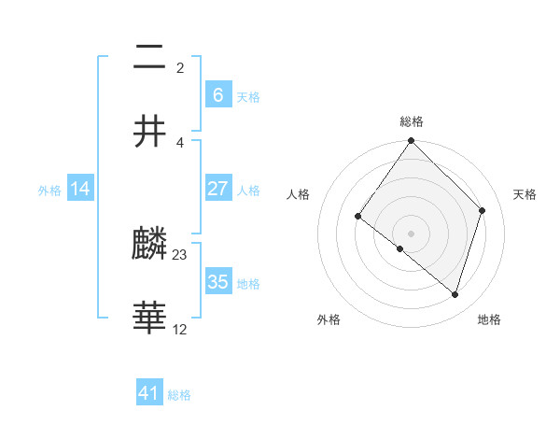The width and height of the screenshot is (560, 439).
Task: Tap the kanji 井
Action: pos(149,132)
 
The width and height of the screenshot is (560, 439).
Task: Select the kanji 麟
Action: pos(149,245)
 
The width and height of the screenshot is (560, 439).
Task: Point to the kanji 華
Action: pos(149,319)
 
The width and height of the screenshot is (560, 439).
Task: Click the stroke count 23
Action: pos(180,254)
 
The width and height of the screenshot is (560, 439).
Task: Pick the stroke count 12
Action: pos(180,329)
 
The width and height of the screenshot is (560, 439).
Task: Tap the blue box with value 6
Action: pos(217,94)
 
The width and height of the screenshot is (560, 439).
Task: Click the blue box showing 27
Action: pos(217,189)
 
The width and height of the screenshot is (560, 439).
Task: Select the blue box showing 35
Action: pos(217,282)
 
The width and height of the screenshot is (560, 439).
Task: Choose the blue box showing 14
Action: pos(80,189)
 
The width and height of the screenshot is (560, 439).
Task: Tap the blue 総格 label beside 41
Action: pos(179,395)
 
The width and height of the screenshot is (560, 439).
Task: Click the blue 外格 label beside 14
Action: pos(49,191)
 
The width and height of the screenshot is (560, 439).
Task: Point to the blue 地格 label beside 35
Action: pos(248,284)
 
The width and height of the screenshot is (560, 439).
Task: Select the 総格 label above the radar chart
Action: pos(412,121)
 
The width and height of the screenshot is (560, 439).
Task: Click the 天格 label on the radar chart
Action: pos(525,194)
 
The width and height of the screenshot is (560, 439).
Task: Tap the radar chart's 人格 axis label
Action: pos(298,194)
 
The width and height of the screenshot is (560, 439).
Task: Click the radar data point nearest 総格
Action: pos(412,141)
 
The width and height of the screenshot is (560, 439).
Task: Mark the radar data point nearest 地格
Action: pos(455,294)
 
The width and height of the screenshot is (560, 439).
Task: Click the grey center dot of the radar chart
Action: pos(412,233)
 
